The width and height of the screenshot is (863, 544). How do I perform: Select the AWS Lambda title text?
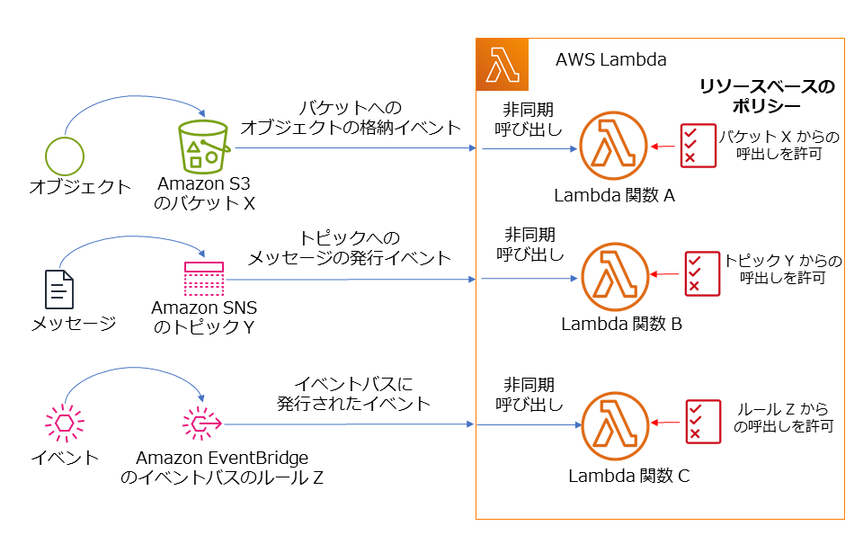pyautogui.click(x=611, y=60)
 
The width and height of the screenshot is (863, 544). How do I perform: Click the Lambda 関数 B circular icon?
pyautogui.click(x=614, y=275)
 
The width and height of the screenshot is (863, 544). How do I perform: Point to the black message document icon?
pyautogui.click(x=59, y=289)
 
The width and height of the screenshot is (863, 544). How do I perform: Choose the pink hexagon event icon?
pyautogui.click(x=64, y=423)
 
